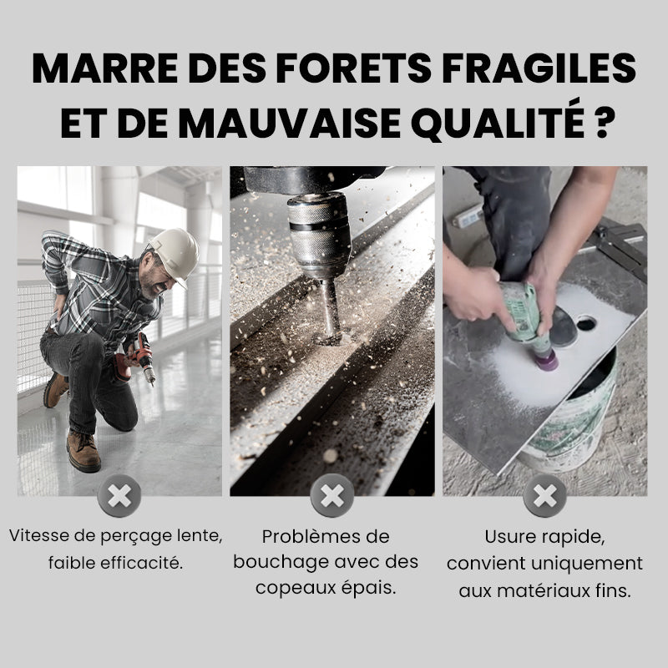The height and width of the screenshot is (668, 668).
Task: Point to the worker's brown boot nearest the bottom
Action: (83, 451)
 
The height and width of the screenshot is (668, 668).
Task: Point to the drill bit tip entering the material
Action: (330, 334)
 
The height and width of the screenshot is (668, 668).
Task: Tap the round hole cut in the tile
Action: (585, 322)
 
